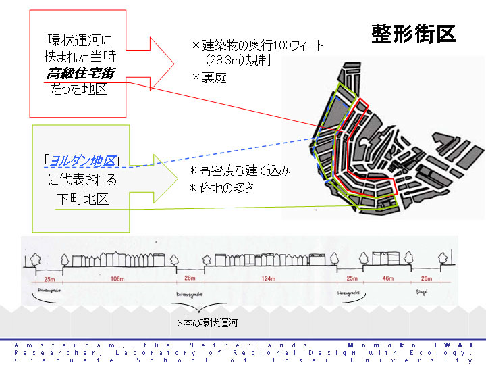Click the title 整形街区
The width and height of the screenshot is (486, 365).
[x=413, y=34]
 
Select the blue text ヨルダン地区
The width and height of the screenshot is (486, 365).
[x=82, y=162]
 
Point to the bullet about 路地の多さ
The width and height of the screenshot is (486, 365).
[x=222, y=188]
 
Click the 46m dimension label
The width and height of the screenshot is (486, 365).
[x=389, y=278]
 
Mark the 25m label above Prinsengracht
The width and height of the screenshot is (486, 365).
[x=47, y=278]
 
